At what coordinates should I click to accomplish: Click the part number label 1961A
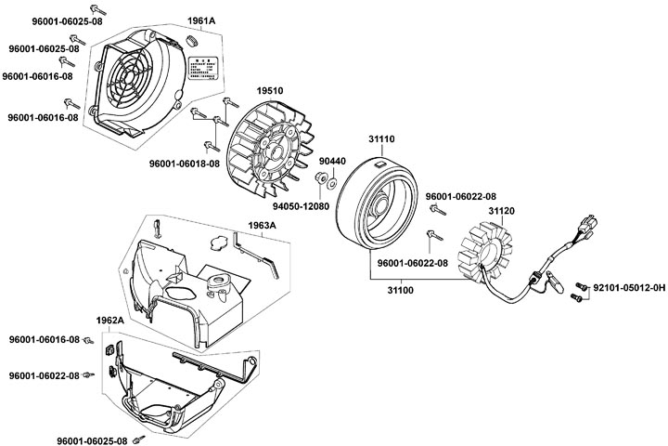coord(200,20)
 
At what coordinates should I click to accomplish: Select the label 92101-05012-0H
coord(629,289)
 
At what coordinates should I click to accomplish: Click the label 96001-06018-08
coord(184,164)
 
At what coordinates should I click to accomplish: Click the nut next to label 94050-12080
coord(319,179)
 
